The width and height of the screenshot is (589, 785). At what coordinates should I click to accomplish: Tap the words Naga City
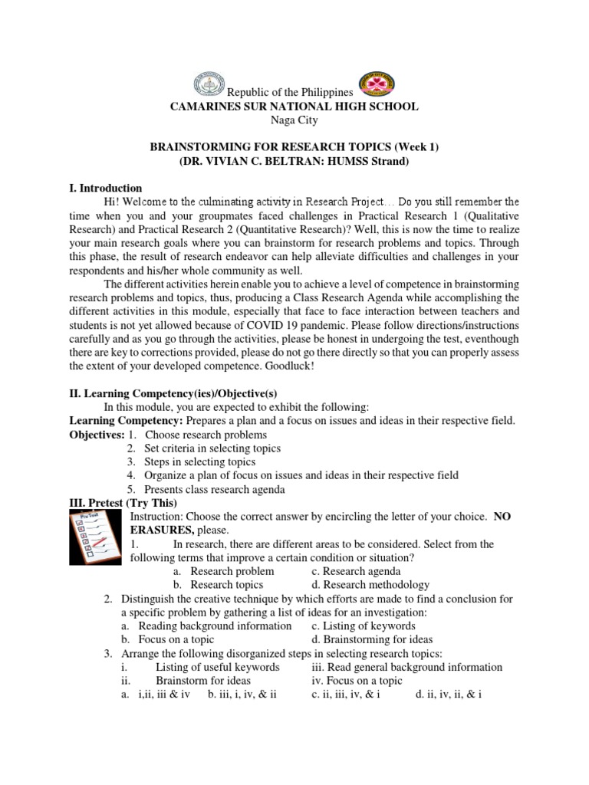[x=294, y=120]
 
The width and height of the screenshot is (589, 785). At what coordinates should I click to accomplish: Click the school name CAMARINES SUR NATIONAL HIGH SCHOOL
[x=294, y=107]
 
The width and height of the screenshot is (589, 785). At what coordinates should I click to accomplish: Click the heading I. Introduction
[x=106, y=188]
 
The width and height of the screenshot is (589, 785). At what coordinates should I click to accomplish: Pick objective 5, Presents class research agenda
[x=214, y=489]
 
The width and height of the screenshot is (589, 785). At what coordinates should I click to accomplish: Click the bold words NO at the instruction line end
[x=502, y=517]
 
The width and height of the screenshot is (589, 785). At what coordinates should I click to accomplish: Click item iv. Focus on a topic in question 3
[x=357, y=681]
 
